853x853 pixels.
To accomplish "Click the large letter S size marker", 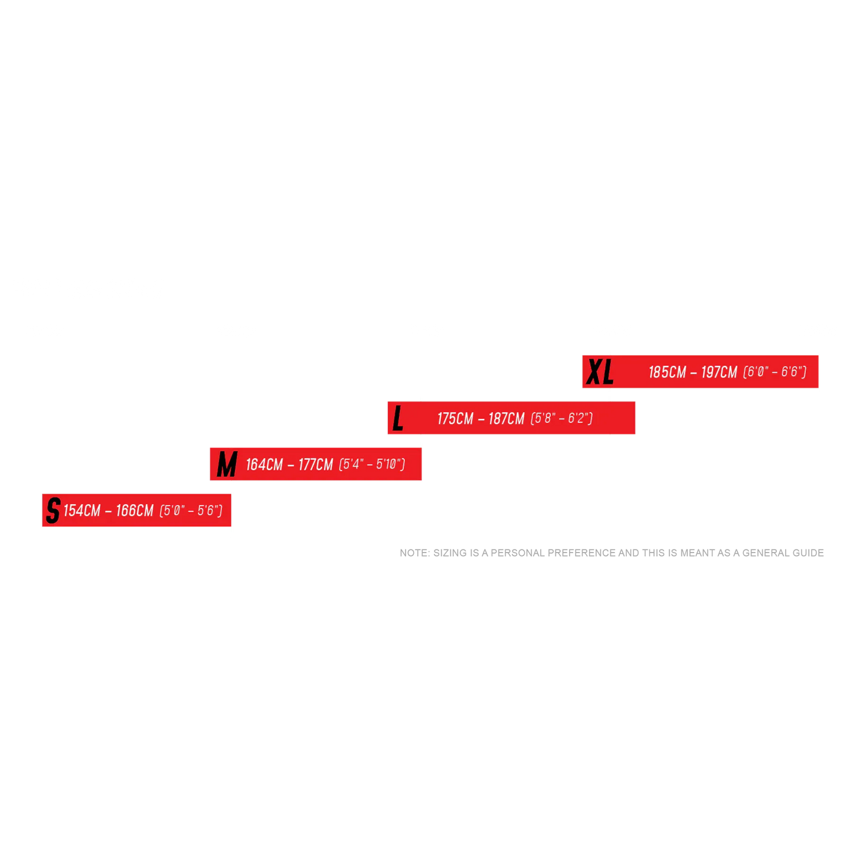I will tap(53, 510).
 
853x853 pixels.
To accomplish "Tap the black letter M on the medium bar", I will tap(227, 464).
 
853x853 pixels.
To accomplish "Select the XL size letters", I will tap(600, 372).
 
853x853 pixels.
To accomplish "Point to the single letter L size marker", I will tap(398, 419).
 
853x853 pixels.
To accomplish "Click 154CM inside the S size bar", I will tap(82, 511).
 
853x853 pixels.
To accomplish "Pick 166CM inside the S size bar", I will tap(135, 511).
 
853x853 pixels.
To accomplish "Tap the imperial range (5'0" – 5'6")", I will tap(191, 511).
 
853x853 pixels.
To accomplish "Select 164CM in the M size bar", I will tap(264, 465).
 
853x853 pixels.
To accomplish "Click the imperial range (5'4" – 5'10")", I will tap(372, 465).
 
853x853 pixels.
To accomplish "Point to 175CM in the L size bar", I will tap(455, 419).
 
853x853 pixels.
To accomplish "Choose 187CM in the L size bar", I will tap(506, 419).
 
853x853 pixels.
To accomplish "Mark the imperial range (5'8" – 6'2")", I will tap(561, 419).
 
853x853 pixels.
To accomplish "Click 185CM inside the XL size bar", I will tap(667, 372).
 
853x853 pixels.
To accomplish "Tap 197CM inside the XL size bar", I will tap(719, 372).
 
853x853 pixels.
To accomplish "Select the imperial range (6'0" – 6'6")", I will tap(774, 372).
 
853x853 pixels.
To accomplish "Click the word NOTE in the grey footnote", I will tap(413, 553).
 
